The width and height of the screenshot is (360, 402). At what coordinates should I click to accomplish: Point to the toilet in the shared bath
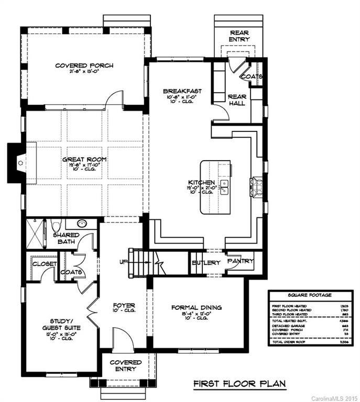[58, 226]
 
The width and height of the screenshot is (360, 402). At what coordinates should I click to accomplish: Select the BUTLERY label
[206, 263]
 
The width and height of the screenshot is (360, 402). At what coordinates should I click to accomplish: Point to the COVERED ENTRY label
[125, 365]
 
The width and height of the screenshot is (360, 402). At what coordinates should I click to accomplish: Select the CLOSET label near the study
[44, 264]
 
